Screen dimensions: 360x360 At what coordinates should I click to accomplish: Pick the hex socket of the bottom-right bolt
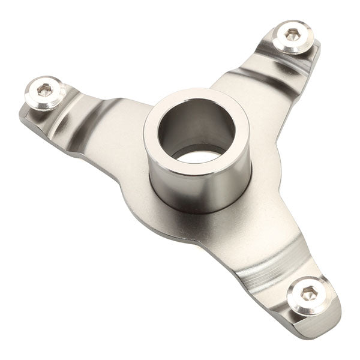pos(308,292)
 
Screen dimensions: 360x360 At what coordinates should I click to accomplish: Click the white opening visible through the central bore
pos(198,157)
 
